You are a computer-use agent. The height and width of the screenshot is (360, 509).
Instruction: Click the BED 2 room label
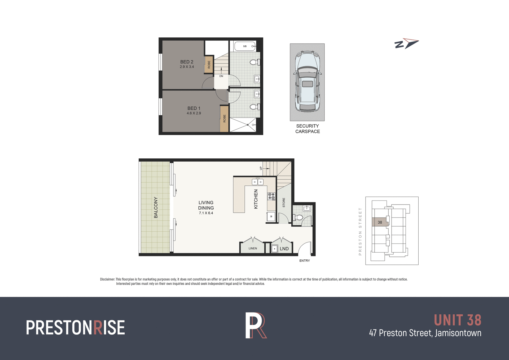click(187, 62)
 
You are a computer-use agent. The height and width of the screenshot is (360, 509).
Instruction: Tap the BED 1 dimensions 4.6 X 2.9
click(194, 113)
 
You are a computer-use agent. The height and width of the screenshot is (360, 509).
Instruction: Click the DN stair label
click(221, 76)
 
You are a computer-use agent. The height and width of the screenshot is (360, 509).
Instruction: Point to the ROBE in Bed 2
click(209, 64)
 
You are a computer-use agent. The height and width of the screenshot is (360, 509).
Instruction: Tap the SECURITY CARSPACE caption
click(308, 129)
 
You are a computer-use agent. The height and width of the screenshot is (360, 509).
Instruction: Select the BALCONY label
click(156, 207)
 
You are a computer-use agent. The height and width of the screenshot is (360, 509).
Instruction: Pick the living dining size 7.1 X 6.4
click(206, 213)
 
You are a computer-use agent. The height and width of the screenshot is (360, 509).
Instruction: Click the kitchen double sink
click(257, 182)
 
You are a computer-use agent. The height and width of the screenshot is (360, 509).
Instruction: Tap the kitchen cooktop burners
click(271, 196)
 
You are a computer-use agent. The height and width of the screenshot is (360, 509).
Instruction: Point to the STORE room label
click(284, 202)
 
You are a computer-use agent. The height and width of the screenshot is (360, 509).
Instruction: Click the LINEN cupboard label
click(253, 249)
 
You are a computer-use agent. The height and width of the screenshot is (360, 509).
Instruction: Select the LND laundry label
click(284, 249)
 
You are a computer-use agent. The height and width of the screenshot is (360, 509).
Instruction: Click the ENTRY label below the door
click(305, 261)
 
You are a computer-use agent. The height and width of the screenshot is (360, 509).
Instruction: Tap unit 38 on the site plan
click(380, 222)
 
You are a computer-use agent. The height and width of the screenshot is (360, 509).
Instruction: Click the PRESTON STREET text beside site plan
click(360, 231)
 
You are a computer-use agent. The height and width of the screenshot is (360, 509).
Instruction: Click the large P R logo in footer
click(256, 326)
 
